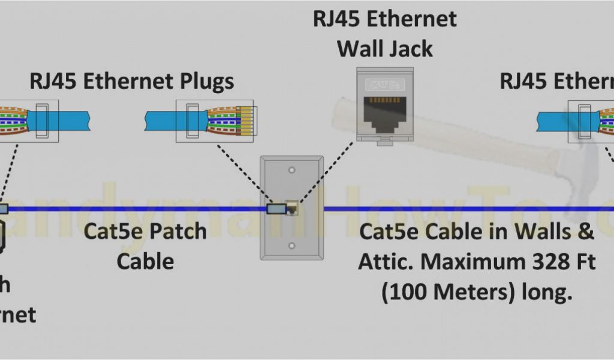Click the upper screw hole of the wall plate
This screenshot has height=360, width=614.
[291, 170]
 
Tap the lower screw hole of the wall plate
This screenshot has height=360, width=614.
[291, 245]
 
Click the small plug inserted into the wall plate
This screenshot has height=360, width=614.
[276, 209]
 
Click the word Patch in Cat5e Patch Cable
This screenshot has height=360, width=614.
[177, 231]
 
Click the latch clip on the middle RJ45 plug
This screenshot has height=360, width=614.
[192, 121]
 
